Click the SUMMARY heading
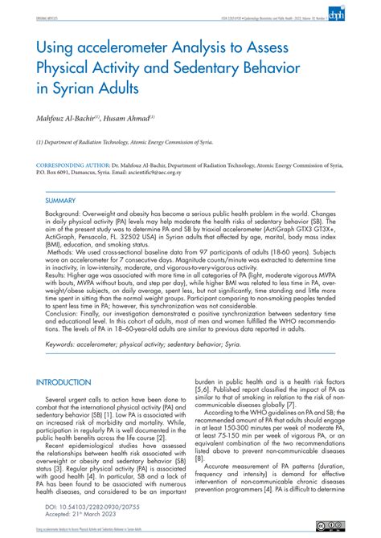coord(60,199)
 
